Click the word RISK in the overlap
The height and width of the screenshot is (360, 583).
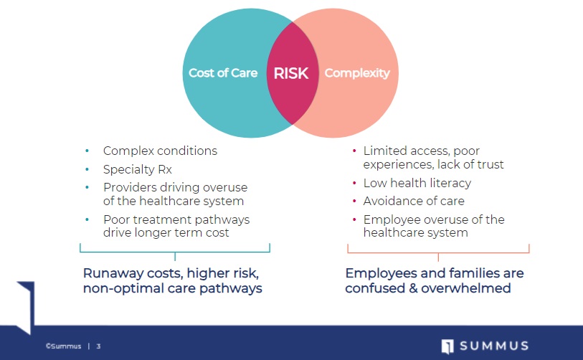pyautogui.click(x=291, y=73)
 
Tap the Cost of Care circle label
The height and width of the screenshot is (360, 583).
pyautogui.click(x=223, y=73)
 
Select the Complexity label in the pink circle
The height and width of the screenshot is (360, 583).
pyautogui.click(x=357, y=73)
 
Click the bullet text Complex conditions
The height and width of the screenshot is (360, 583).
pyautogui.click(x=160, y=151)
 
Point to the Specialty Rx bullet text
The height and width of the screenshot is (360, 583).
pyautogui.click(x=138, y=169)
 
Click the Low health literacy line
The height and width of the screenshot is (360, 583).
pyautogui.click(x=417, y=183)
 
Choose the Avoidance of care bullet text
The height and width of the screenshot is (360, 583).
pyautogui.click(x=414, y=201)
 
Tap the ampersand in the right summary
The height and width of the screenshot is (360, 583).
pyautogui.click(x=413, y=288)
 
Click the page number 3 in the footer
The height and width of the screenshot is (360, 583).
pyautogui.click(x=98, y=346)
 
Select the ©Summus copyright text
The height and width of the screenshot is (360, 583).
pyautogui.click(x=63, y=346)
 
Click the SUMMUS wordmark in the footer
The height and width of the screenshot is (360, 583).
pyautogui.click(x=494, y=346)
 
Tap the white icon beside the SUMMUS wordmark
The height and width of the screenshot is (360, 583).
pyautogui.click(x=447, y=346)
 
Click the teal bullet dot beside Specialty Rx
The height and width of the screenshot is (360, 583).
pyautogui.click(x=87, y=169)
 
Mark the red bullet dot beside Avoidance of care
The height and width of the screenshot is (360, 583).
pyautogui.click(x=354, y=202)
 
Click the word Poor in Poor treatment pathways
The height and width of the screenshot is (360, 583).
pyautogui.click(x=117, y=219)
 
